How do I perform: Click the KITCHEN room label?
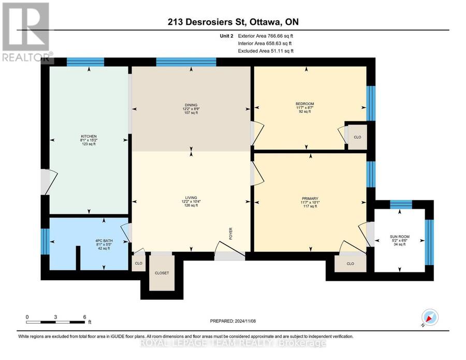pos(89,136)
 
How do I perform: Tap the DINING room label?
pos(191,105)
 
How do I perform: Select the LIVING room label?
pos(191,198)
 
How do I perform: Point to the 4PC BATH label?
pos(104,240)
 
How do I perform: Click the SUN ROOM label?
pos(399,237)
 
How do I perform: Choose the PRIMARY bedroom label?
pos(310,198)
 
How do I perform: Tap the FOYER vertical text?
pos(230,234)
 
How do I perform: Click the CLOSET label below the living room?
pos(162,273)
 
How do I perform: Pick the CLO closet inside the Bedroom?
pos(357,137)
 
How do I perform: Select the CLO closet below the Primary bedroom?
pos(350,263)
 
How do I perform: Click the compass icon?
pos(430,317)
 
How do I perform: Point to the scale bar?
pos(55,322)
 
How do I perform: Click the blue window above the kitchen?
pos(85,62)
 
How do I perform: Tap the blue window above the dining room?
pos(186,62)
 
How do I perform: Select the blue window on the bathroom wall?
pos(45,241)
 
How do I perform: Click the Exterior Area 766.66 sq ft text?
pos(266,36)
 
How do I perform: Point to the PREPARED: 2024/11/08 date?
pos(232,321)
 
